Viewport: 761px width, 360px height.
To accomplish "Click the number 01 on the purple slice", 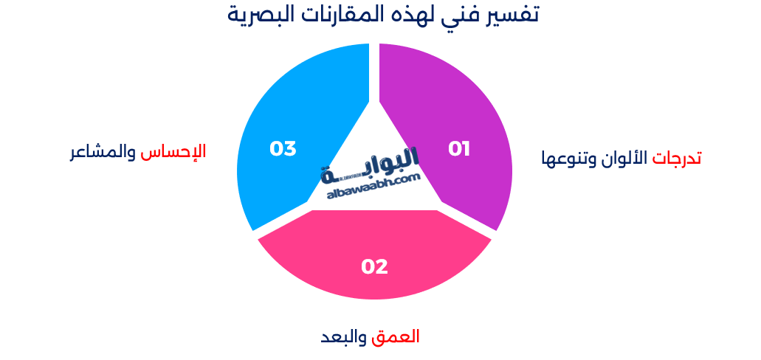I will pos(459,149).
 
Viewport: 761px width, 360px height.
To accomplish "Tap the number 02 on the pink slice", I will pos(374,266).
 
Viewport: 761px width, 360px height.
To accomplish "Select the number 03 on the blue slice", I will pos(283,149).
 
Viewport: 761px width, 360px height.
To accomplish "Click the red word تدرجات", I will pos(677,158).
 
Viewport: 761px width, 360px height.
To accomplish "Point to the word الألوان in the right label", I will pos(629,158).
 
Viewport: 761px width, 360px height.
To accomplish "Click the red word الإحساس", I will pos(173,151).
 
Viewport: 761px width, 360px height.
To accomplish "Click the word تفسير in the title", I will pos(509,14).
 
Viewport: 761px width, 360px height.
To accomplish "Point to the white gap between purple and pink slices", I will pos(466,221).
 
